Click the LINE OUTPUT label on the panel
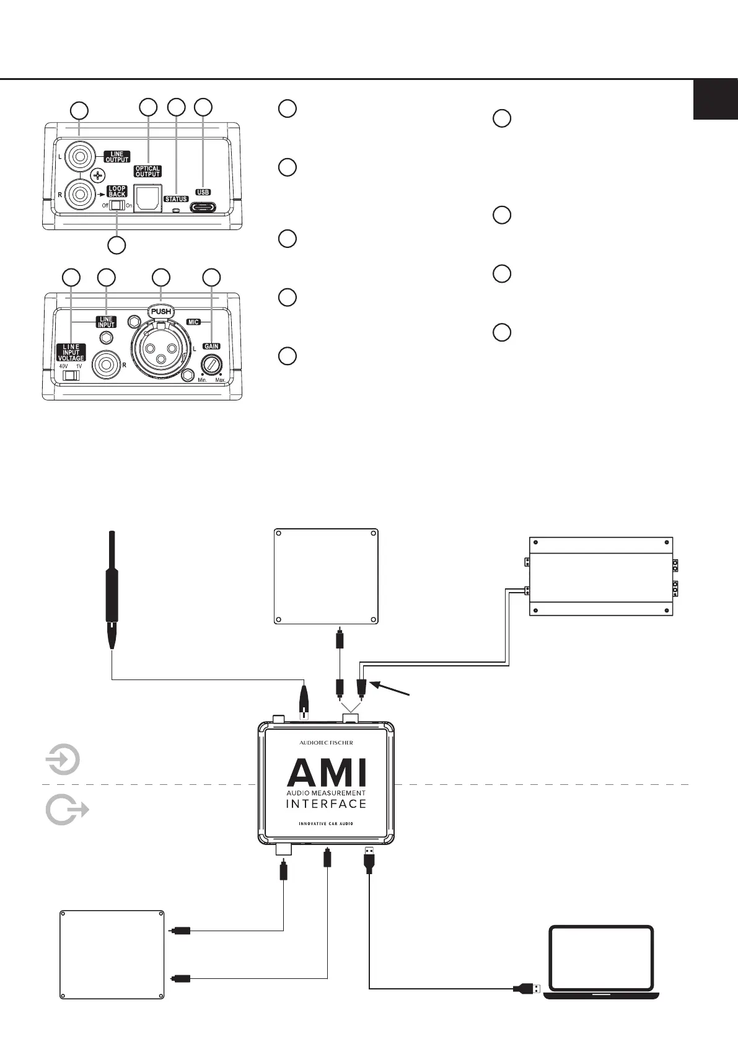[117, 157]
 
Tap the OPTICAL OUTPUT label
[147, 172]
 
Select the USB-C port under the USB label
[203, 207]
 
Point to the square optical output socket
[147, 198]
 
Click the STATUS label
[176, 199]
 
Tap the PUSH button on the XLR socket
[161, 311]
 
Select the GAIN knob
[211, 365]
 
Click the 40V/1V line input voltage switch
[71, 375]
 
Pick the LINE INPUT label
[106, 322]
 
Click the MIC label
[193, 322]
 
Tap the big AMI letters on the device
[327, 772]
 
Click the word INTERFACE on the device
[326, 803]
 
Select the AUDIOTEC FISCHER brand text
[326, 743]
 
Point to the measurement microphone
[112, 589]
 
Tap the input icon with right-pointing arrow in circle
[63, 759]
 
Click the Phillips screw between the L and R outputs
[97, 175]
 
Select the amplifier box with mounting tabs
[601, 576]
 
